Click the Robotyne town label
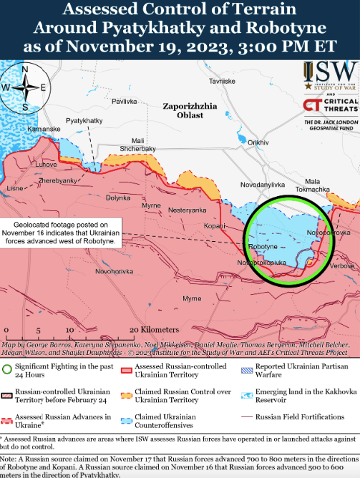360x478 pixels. coord(262,246)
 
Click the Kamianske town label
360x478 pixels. coord(43,128)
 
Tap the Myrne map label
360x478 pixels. coord(151,205)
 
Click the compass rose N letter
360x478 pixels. coord(25,69)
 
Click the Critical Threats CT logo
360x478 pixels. coord(311,106)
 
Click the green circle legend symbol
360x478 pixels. coord(6,369)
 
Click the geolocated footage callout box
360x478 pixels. coord(62,232)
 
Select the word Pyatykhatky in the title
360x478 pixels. coord(146,29)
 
